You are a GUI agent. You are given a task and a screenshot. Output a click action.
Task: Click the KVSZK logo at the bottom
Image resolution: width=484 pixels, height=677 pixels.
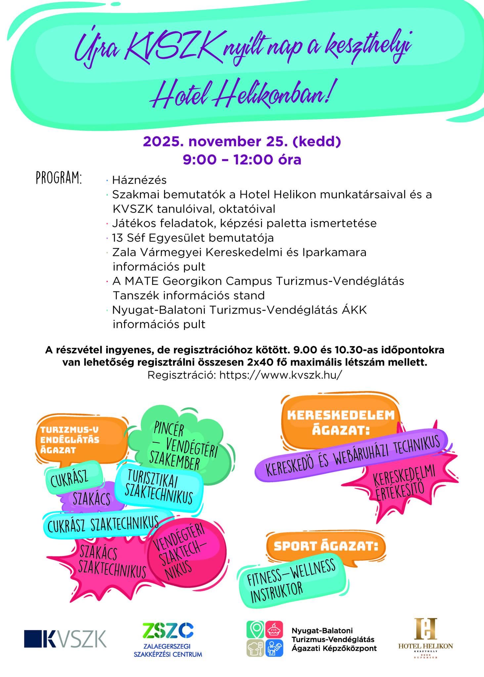[65, 638]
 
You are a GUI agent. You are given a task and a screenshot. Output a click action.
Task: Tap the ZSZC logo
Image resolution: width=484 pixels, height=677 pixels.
[168, 634]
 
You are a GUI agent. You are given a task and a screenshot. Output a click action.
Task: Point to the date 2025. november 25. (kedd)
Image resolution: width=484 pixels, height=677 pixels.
[242, 142]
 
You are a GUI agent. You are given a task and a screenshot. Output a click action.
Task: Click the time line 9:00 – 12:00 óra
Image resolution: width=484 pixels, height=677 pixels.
[242, 160]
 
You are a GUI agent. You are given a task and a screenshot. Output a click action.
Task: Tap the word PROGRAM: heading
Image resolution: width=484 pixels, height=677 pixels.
[59, 179]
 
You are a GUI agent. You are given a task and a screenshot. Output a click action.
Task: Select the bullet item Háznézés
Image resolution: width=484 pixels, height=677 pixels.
[139, 180]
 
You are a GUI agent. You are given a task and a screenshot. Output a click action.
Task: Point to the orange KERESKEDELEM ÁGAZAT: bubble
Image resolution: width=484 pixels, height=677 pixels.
[341, 422]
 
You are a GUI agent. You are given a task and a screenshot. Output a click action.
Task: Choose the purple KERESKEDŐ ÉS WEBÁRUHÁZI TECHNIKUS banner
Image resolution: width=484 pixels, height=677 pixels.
[352, 456]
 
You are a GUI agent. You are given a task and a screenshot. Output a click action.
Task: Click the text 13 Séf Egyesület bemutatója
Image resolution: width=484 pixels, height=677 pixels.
[193, 238]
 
